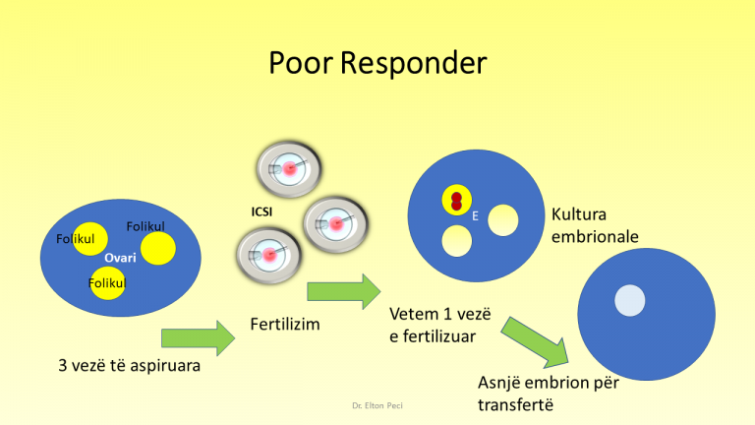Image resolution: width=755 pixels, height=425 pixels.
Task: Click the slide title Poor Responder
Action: point(377,64)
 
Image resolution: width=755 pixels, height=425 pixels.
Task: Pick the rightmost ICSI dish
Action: point(333,224)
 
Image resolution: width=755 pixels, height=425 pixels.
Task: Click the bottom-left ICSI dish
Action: point(268,255)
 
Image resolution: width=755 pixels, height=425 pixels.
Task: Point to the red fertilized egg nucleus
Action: point(456,201)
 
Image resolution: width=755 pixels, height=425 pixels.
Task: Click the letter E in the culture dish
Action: point(476,216)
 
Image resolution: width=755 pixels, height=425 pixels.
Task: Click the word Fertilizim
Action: point(285,323)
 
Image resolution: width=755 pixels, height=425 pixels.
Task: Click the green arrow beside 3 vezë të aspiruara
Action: point(198,338)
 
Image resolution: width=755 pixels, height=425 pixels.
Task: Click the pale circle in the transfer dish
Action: point(630,297)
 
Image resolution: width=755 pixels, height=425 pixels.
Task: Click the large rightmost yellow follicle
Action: point(157,247)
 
